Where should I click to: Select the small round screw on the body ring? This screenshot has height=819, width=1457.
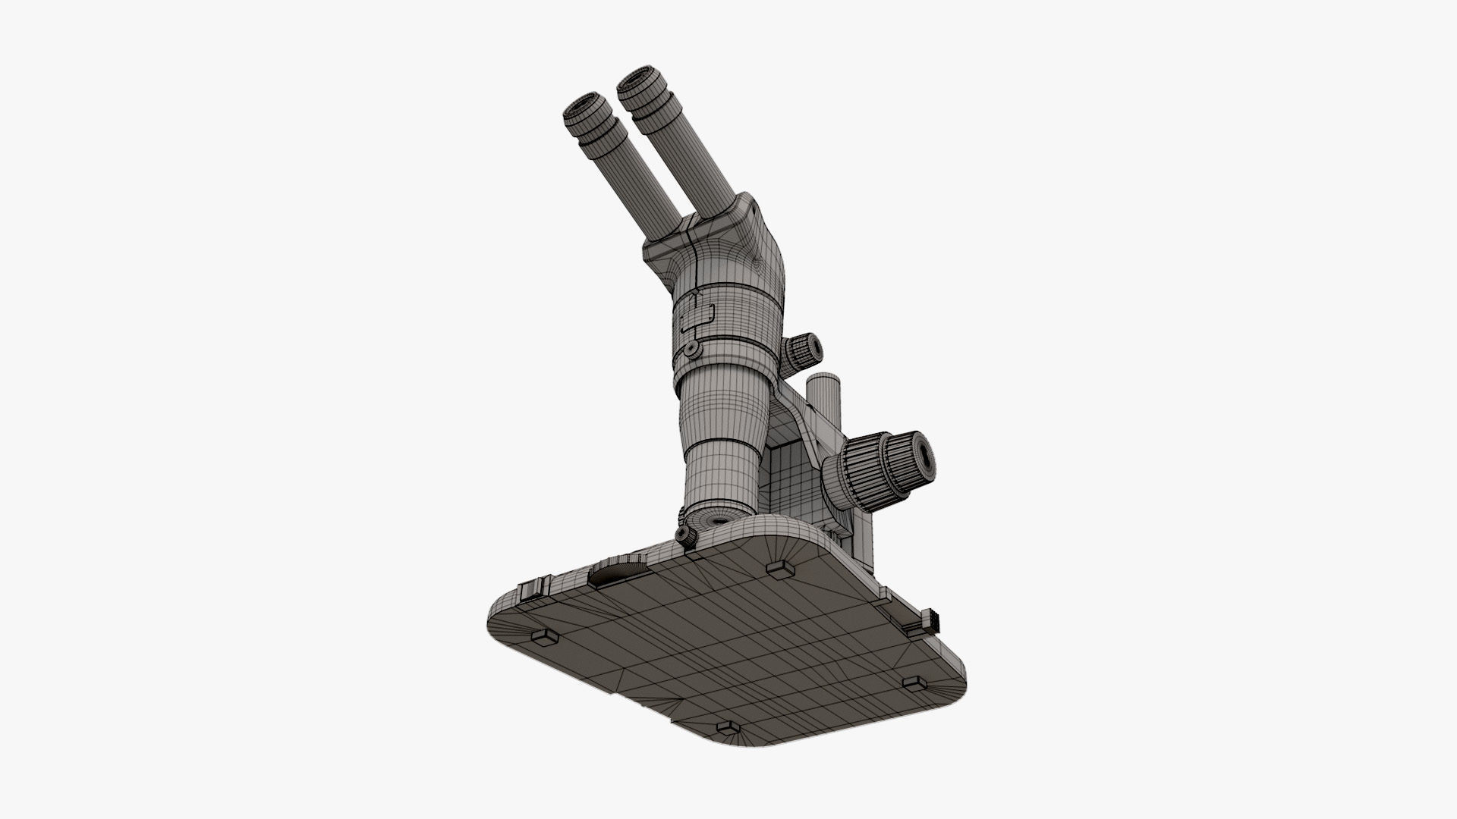click(691, 349)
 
